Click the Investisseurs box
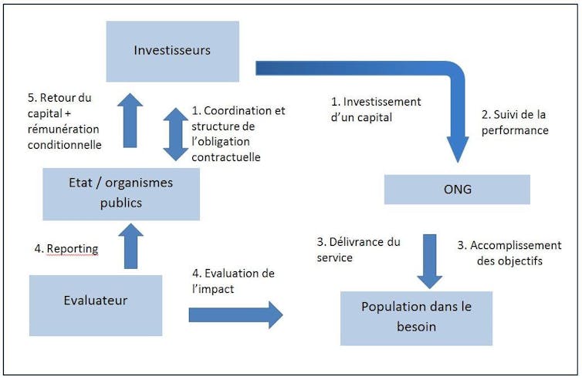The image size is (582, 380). coord(173,51)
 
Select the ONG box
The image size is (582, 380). coord(457,190)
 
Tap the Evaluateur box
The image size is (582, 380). coord(96,305)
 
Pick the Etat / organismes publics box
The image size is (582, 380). coord(121,194)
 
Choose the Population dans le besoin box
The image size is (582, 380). coord(417,318)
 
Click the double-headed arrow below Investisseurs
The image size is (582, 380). coord(175,134)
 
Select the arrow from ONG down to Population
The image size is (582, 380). coord(429,261)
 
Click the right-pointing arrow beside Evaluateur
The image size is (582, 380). coord(235,315)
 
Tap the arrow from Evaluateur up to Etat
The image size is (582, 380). coord(130,246)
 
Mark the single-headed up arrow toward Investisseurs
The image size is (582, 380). coord(130,120)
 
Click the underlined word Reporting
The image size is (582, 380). coord(73,249)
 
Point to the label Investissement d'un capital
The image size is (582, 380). coord(376,109)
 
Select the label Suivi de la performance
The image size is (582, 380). coord(515,123)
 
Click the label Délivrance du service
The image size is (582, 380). coord(359,250)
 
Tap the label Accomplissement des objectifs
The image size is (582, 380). coord(509,253)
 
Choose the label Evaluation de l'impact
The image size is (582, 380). coord(233,281)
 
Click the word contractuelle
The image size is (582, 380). coord(226,157)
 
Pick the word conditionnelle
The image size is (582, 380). coord(65,145)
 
